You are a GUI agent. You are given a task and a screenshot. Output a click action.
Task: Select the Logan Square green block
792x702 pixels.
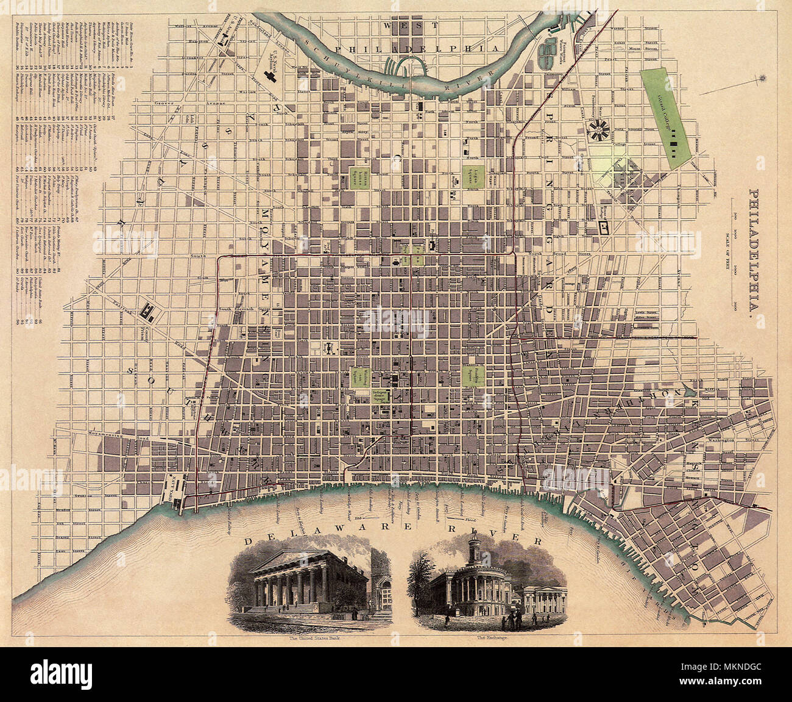coord(469,175)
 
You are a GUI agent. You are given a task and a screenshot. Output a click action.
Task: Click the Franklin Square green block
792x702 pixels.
coord(469,376)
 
